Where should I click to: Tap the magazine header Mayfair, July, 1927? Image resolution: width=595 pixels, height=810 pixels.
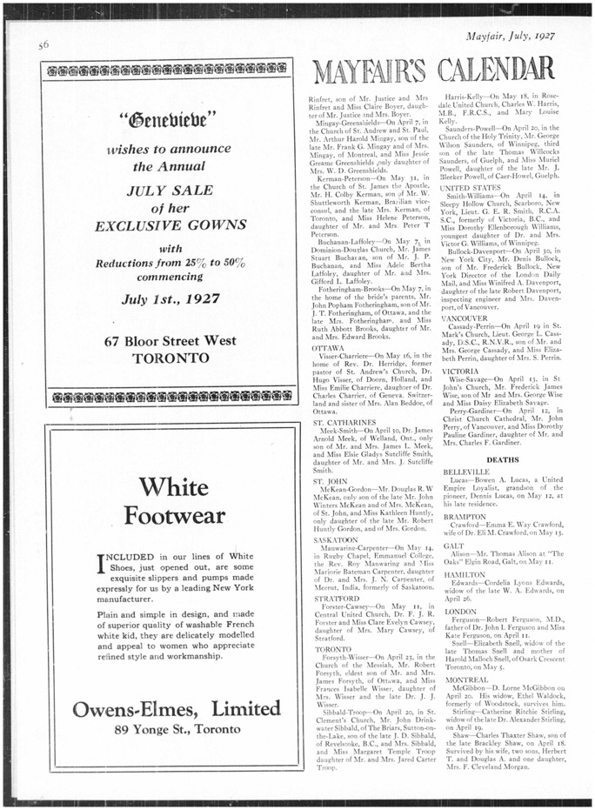pyautogui.click(x=510, y=37)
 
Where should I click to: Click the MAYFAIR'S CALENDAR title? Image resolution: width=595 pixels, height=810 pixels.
pyautogui.click(x=432, y=70)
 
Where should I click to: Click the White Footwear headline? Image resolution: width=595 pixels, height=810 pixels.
pyautogui.click(x=174, y=502)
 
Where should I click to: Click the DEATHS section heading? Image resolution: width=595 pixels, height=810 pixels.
pyautogui.click(x=502, y=459)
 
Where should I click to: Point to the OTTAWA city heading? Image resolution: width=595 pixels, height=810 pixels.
pyautogui.click(x=326, y=347)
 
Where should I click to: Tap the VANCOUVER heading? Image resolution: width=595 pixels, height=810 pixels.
pyautogui.click(x=465, y=318)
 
